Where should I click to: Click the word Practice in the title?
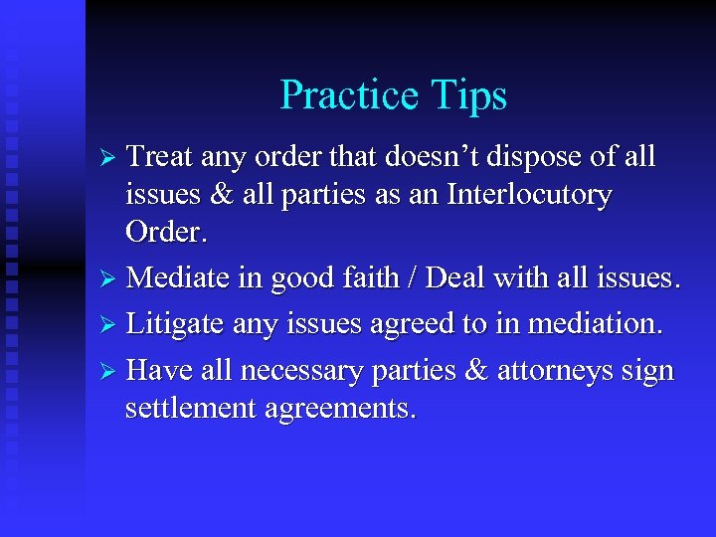(x=351, y=95)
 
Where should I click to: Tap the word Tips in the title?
(x=470, y=95)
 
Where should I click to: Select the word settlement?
(x=188, y=408)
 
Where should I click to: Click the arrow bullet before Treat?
(x=112, y=158)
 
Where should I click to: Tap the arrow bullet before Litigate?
(x=112, y=325)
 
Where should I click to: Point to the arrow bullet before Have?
(x=112, y=372)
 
